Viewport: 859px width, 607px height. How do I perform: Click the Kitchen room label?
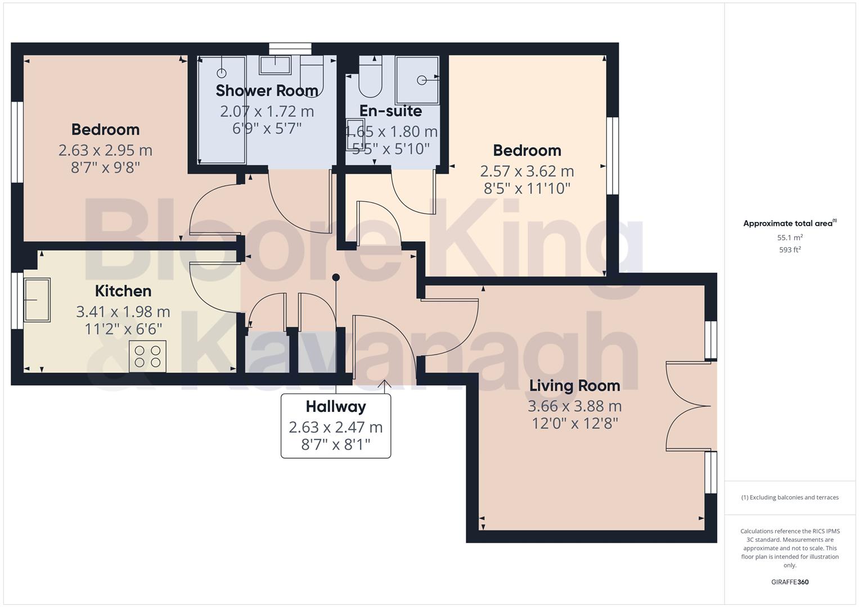tap(123, 291)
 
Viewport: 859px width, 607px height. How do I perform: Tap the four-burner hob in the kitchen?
tap(148, 356)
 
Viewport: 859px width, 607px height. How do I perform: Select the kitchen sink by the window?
tap(37, 300)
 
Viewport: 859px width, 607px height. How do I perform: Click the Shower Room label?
tap(267, 90)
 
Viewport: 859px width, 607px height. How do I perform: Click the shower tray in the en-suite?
tap(417, 80)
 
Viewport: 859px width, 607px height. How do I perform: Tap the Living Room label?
tap(574, 386)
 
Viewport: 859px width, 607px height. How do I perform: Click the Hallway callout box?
tap(336, 425)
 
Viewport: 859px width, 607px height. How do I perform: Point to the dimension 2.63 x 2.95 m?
tap(105, 150)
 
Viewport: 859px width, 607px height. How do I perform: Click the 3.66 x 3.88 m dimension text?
tap(574, 406)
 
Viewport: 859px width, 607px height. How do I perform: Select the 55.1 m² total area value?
tap(790, 237)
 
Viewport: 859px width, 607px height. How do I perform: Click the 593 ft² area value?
tap(790, 250)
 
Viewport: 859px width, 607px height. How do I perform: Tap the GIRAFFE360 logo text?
tap(790, 582)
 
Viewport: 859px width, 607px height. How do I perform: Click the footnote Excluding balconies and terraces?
tap(790, 497)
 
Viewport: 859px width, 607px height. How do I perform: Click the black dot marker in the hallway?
tap(336, 277)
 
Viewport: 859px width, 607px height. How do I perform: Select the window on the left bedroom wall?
tap(17, 142)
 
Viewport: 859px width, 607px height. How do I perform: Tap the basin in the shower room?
tap(275, 65)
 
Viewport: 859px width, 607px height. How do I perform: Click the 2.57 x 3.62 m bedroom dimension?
tap(527, 171)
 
